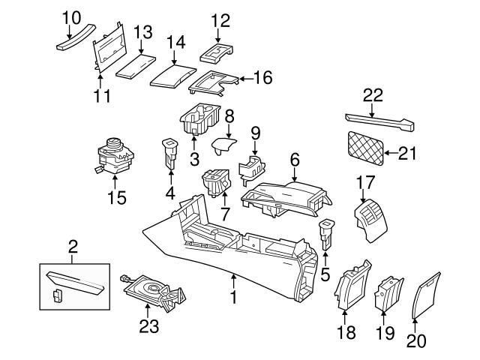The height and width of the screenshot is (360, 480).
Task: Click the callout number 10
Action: [70, 16]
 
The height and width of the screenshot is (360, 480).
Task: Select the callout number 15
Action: [116, 199]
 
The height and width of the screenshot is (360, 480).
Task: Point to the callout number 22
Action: [373, 95]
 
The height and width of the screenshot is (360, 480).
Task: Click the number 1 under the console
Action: [233, 299]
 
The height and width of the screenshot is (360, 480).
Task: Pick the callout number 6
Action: [294, 159]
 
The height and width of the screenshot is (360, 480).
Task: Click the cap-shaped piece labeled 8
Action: [222, 145]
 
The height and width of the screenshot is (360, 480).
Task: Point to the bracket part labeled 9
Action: [253, 167]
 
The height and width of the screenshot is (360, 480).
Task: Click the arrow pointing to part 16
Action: [242, 78]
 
